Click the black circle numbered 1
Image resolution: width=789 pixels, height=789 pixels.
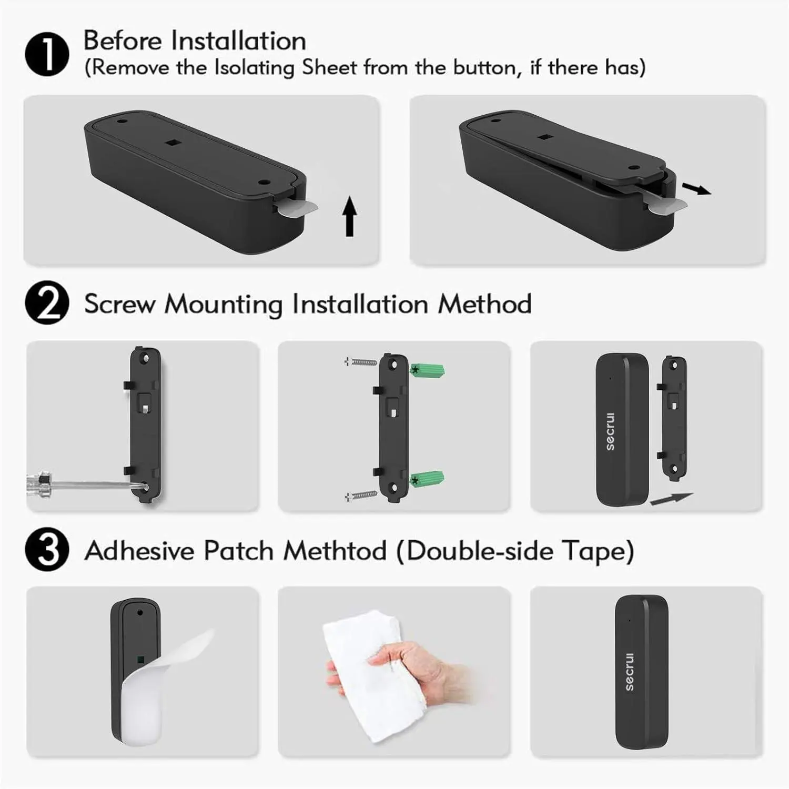[47, 55]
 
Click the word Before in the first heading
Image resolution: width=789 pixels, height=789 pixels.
[123, 41]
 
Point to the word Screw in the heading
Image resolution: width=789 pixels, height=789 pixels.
[120, 304]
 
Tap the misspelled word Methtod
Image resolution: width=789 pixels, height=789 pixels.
[335, 551]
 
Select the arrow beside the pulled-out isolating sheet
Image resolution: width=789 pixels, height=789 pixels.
[696, 189]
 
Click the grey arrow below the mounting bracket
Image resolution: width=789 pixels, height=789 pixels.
[672, 499]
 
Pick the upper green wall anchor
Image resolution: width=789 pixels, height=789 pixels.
[427, 370]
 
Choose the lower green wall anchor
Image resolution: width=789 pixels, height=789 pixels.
[427, 480]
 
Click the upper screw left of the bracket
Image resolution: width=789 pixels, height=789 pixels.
[361, 362]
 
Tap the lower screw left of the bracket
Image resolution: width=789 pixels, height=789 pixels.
[361, 495]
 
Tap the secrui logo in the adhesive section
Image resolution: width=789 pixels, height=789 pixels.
[630, 671]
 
